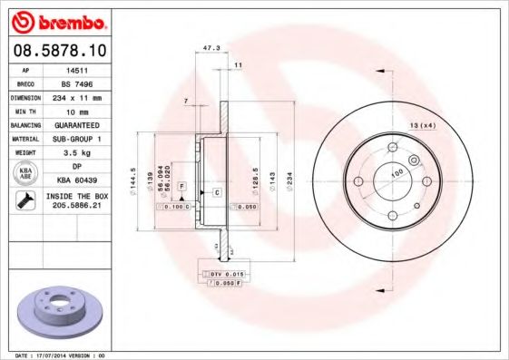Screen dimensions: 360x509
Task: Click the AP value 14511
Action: tap(74, 68)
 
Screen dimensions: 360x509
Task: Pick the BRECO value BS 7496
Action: tap(74, 82)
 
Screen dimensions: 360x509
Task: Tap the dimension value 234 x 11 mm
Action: tap(74, 96)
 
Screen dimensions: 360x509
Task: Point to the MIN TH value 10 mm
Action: tap(74, 110)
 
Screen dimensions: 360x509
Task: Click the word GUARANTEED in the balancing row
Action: tap(74, 124)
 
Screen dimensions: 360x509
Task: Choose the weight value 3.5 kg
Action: tap(74, 152)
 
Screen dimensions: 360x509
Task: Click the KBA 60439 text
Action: tap(74, 180)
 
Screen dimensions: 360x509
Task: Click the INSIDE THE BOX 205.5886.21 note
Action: tap(74, 201)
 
